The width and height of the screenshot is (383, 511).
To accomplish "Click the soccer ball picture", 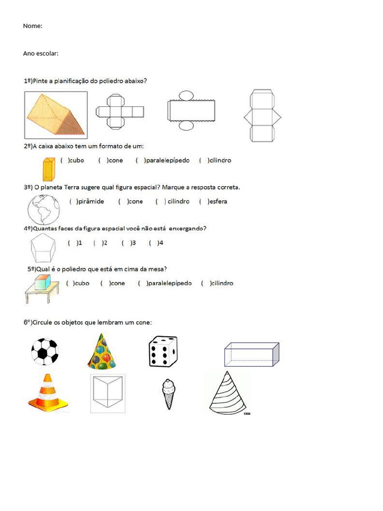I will coord(44,351).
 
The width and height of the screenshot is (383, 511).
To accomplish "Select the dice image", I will coord(163,351).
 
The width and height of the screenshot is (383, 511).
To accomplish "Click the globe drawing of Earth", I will coord(45,210).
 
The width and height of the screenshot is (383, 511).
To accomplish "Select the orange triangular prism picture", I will coord(55,115).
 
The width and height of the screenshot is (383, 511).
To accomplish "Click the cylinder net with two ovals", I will coord(191,110).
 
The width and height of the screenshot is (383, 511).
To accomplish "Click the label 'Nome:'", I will coord(32,26).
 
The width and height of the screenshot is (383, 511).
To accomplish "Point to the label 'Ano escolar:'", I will coord(40,53).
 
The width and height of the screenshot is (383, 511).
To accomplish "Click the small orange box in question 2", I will coord(49,169).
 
